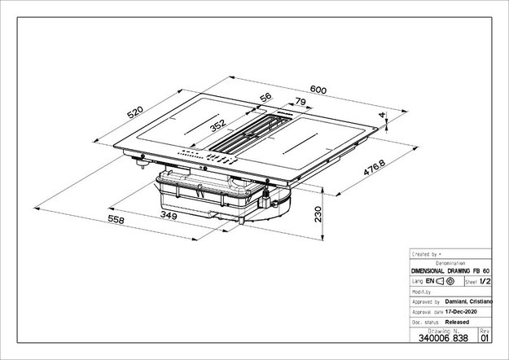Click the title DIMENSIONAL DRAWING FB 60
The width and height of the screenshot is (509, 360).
pos(450,270)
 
